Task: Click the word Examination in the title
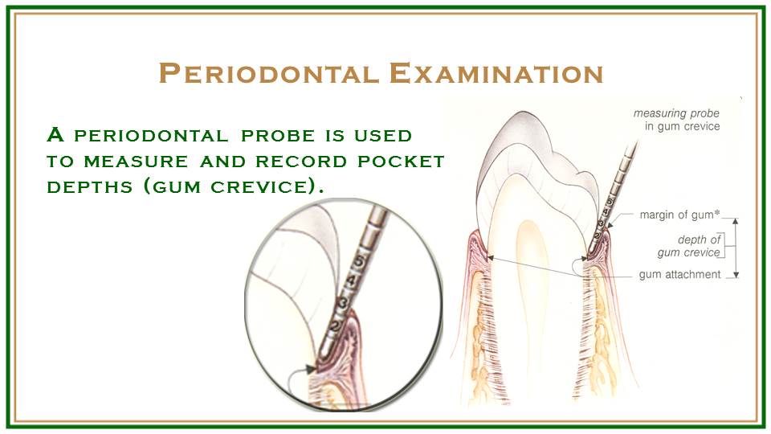[496, 73]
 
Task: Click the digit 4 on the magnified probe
[351, 280]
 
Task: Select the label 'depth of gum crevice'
[689, 246]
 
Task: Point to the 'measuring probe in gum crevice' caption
[676, 121]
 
